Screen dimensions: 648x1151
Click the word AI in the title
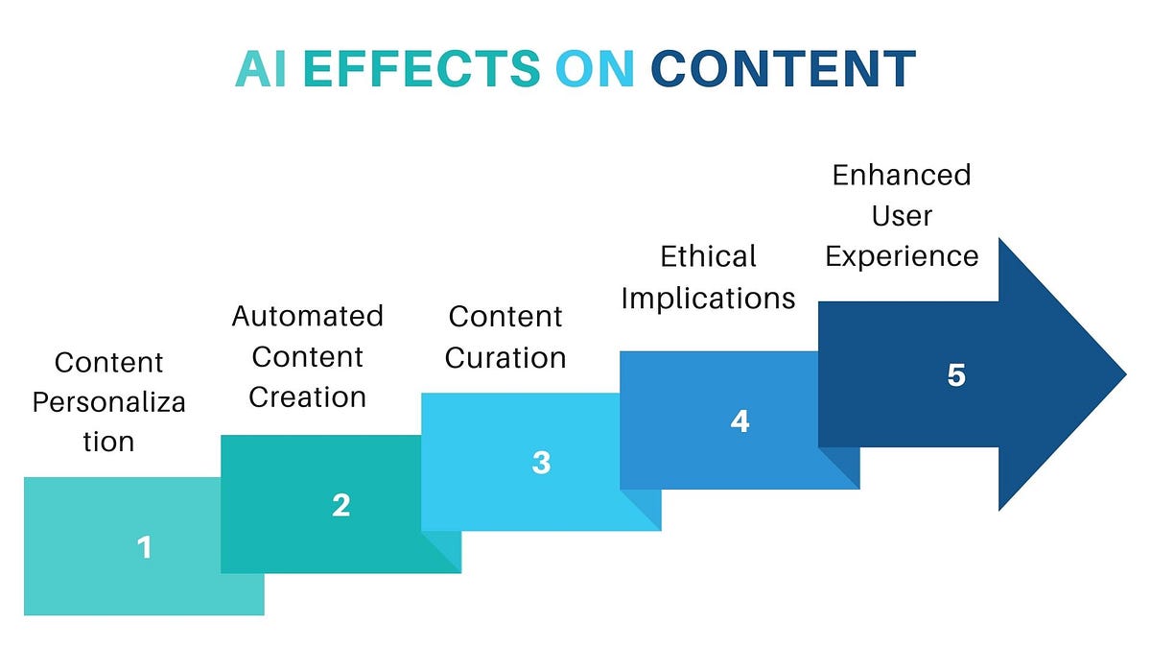[x=262, y=68]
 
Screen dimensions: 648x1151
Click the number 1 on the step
[x=144, y=547]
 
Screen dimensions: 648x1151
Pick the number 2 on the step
[x=341, y=505]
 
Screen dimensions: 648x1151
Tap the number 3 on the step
[x=541, y=463]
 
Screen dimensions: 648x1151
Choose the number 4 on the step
[x=740, y=420]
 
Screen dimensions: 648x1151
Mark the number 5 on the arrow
[x=955, y=374]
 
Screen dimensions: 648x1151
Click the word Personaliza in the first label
[x=108, y=402]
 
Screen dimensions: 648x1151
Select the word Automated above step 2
[x=307, y=316]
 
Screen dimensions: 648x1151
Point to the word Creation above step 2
[x=307, y=396]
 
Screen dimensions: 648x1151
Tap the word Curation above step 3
[x=505, y=358]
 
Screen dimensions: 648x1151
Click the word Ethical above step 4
[x=709, y=256]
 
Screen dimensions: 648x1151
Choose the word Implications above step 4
[x=708, y=298]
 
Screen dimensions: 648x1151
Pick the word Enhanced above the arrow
[x=902, y=175]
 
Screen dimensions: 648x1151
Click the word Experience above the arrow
[x=902, y=256]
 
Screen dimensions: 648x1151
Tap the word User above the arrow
[x=902, y=216]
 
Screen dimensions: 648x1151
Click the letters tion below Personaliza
[x=108, y=442]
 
